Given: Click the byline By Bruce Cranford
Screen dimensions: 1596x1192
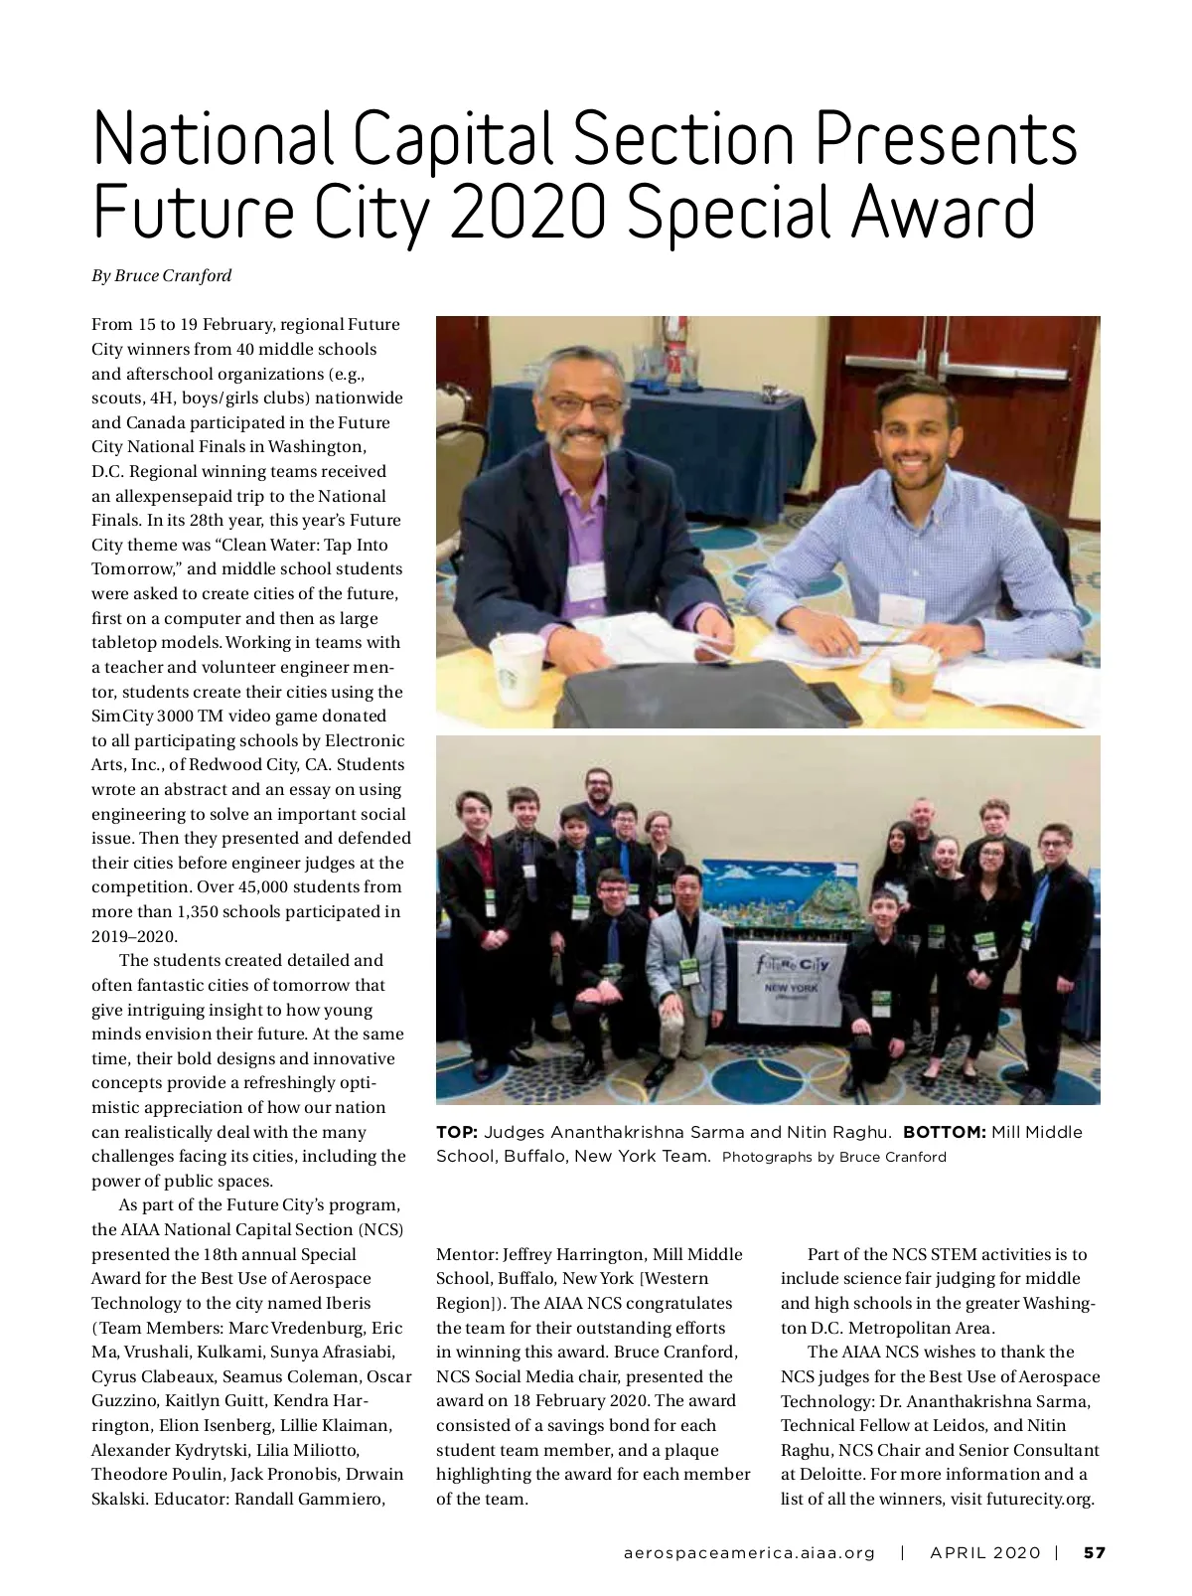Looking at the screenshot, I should [x=162, y=276].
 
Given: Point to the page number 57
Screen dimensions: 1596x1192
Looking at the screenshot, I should [x=1094, y=1552].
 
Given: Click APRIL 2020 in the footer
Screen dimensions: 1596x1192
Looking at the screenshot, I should [x=984, y=1552].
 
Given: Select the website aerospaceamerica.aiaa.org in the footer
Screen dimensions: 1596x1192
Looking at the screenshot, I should [x=750, y=1552].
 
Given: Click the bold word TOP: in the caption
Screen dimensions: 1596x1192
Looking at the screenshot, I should [x=458, y=1133].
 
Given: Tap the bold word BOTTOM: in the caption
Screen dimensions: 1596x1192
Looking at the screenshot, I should [x=944, y=1133].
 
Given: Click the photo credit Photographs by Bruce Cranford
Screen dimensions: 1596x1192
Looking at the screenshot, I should [x=834, y=1157].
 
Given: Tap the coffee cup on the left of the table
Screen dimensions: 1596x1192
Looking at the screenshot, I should [x=517, y=669].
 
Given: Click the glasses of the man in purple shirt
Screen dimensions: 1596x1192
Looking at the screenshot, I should [x=578, y=405].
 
